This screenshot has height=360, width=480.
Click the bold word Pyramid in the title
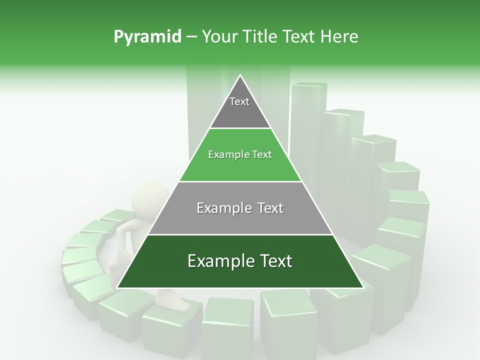(147, 37)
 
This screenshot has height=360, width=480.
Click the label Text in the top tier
(239, 101)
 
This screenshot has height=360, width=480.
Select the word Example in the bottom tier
(220, 261)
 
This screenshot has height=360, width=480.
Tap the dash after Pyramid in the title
(191, 37)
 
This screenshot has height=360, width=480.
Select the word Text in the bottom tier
(275, 261)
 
